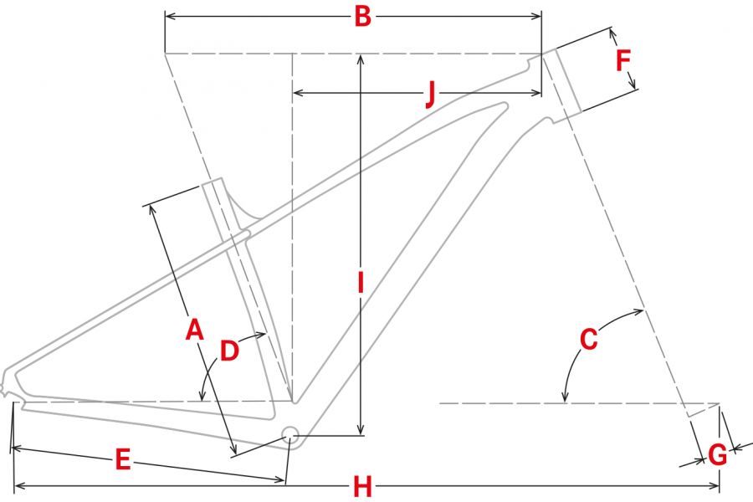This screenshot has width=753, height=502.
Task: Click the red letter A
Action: (194, 329)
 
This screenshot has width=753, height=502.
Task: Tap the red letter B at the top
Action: (362, 17)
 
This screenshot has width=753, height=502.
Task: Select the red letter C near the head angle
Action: (589, 339)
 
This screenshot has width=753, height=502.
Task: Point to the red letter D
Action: (229, 351)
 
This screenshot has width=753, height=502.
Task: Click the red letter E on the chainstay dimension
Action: (123, 458)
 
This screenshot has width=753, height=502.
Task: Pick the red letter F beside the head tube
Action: (622, 60)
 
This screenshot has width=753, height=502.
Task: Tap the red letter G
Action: (718, 454)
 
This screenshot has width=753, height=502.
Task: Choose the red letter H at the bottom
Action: (362, 487)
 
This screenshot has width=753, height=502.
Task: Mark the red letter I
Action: (361, 282)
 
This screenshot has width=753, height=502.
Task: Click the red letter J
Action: (431, 93)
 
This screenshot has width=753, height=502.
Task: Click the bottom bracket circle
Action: (289, 436)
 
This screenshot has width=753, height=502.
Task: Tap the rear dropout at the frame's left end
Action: (6, 384)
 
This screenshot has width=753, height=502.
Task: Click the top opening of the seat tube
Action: (212, 181)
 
